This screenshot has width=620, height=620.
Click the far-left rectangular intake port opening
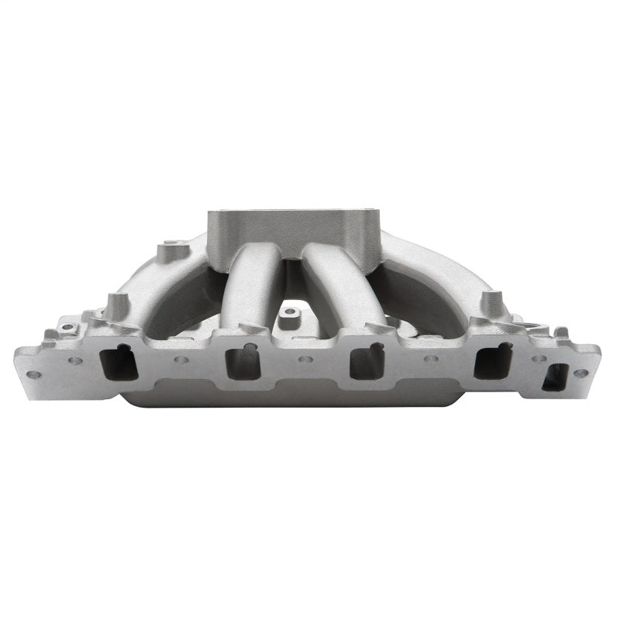tap(120, 362)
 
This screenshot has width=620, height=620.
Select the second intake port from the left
tap(243, 361)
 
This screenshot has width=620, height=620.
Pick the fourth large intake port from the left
tap(493, 360)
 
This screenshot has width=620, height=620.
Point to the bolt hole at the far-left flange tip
tap(33, 374)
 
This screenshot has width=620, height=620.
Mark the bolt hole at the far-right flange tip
tap(580, 373)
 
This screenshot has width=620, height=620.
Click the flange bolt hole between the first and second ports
tap(181, 360)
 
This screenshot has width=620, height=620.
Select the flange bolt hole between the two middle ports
tap(305, 360)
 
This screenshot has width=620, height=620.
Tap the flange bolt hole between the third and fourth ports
tap(430, 360)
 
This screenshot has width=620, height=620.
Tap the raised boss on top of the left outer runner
tap(172, 252)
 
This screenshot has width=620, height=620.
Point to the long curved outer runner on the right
tap(434, 271)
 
